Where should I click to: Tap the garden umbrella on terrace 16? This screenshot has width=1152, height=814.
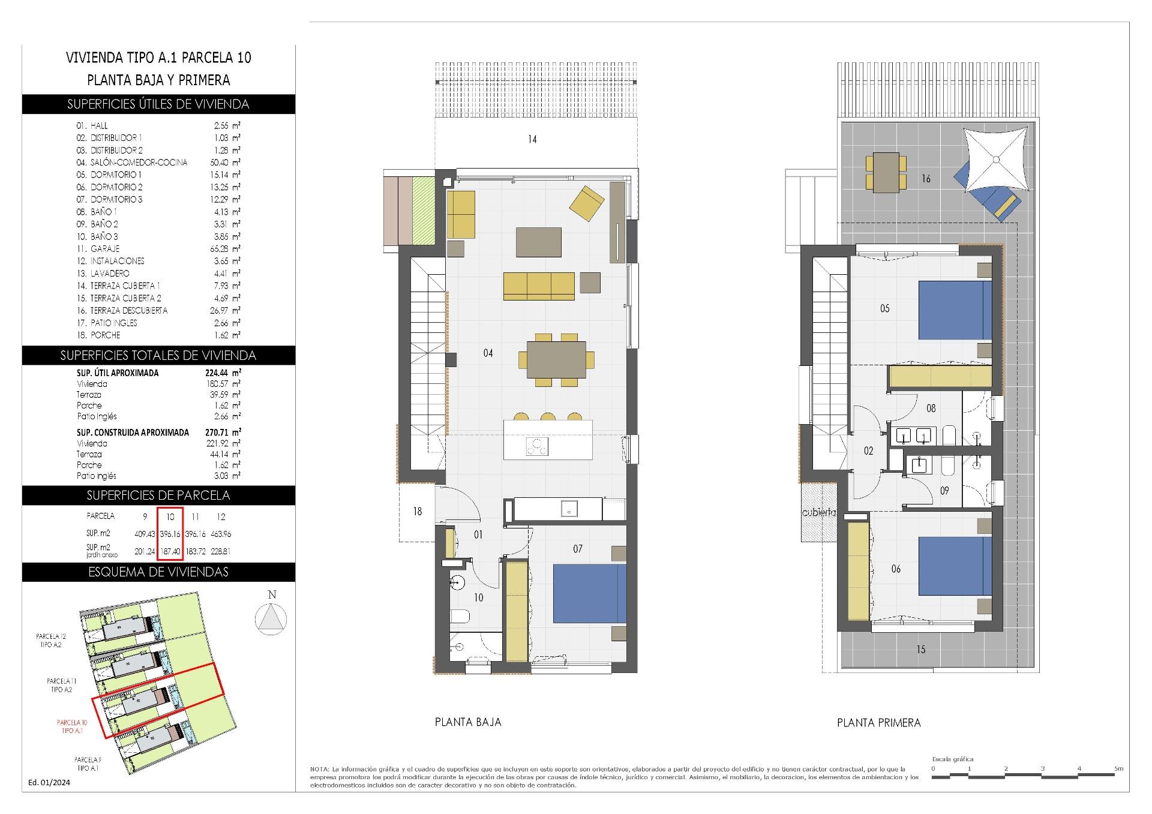point(996,160)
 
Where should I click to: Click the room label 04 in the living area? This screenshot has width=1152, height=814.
point(488,353)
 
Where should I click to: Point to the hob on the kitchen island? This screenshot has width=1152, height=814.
point(536,447)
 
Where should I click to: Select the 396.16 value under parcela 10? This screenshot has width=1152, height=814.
point(170,533)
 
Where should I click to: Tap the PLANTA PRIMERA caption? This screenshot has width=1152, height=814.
point(878,723)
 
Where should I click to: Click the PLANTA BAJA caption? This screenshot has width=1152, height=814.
point(467,722)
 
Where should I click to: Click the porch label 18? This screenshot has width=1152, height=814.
point(417,511)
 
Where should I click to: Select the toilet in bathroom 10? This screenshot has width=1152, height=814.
point(459,617)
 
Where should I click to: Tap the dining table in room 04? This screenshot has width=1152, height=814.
point(556,359)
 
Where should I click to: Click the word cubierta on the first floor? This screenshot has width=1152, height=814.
point(818,513)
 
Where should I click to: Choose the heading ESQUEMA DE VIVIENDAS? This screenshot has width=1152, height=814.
point(158,572)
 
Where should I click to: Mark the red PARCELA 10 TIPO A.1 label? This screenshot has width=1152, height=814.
point(72,726)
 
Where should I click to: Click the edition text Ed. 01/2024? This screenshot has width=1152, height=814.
point(49,782)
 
